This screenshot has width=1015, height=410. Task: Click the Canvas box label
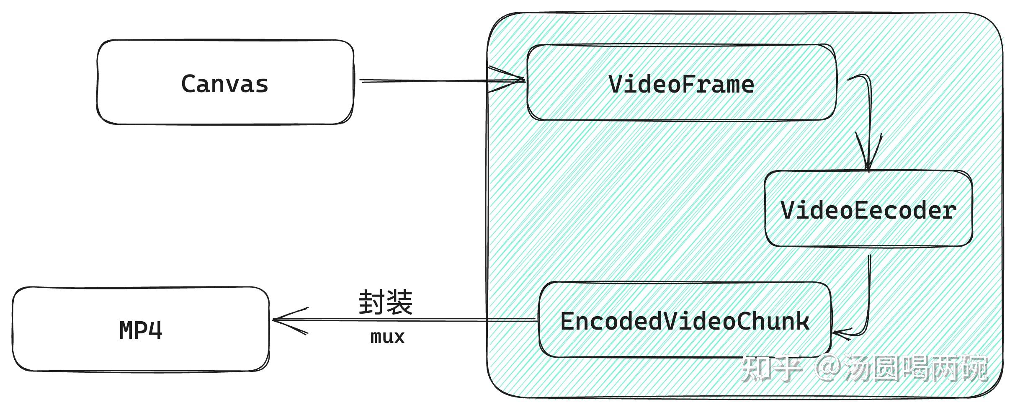point(224,84)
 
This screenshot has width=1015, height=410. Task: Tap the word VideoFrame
point(681,85)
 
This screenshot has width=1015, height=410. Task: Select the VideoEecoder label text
point(868,210)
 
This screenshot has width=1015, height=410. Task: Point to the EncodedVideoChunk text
point(685,322)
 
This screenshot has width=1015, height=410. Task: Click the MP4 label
point(141,330)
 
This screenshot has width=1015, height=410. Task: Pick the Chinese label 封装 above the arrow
point(386,302)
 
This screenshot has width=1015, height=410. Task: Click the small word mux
point(387,337)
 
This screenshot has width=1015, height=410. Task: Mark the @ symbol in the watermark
point(827,369)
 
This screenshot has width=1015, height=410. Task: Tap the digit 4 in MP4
point(155,330)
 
